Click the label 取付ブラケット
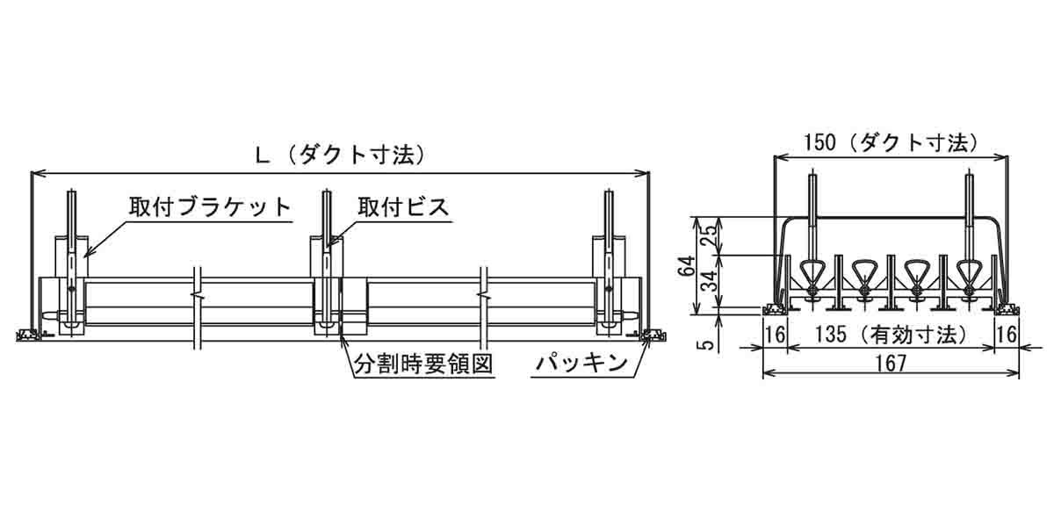[210, 207]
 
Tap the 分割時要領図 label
[421, 363]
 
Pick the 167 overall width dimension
[889, 363]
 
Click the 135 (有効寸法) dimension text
[891, 335]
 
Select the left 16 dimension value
[774, 335]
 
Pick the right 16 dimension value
[1007, 335]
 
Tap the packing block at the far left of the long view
[28, 334]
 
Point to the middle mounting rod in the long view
[327, 255]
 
